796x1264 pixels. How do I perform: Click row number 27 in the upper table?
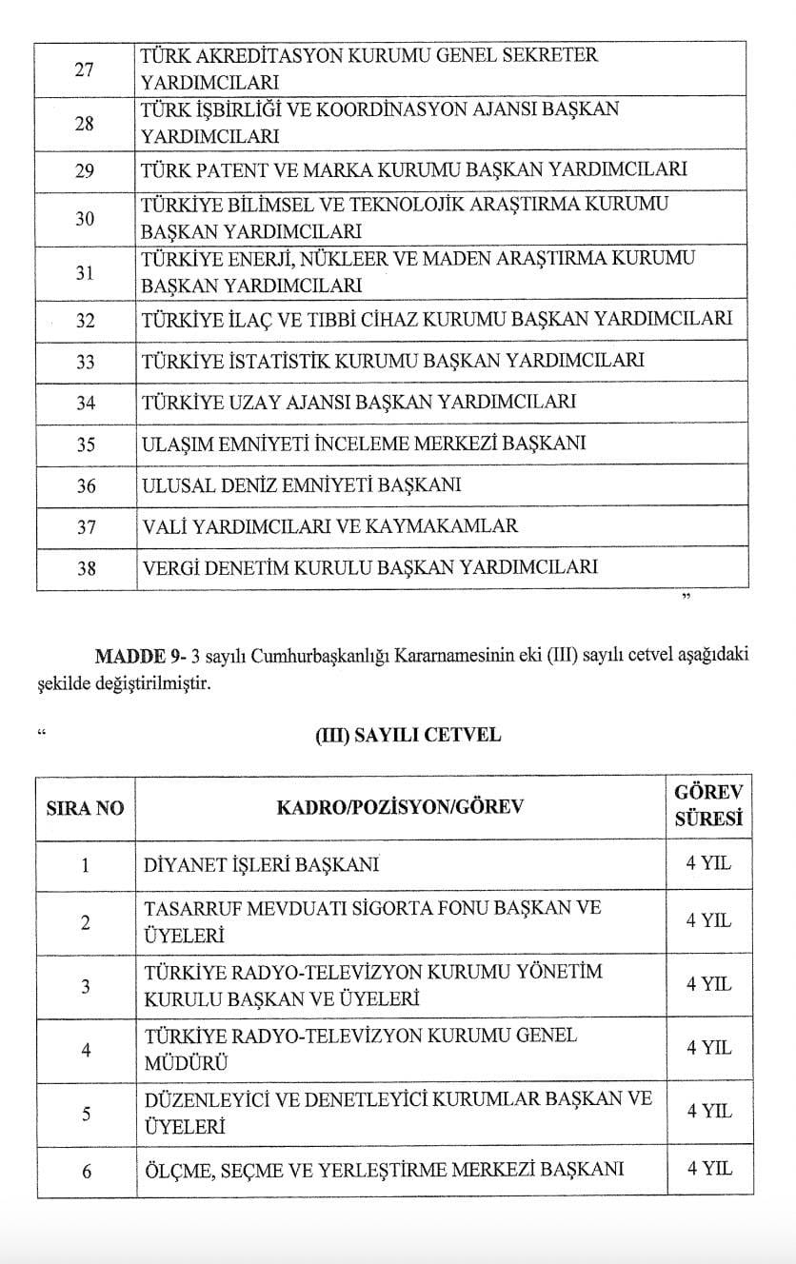tap(86, 68)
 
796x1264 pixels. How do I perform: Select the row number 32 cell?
tap(86, 320)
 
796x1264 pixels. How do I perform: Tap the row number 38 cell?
tap(86, 568)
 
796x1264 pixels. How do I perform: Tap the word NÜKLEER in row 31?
tap(338, 258)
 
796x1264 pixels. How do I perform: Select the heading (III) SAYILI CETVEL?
tap(408, 735)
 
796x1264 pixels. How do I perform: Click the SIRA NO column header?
tap(86, 808)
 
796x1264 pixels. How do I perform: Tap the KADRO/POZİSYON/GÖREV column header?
tap(400, 808)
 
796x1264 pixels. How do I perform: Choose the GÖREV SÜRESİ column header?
tap(707, 805)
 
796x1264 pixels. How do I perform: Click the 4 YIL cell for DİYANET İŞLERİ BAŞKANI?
tap(709, 865)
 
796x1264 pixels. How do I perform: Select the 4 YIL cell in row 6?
tap(709, 1169)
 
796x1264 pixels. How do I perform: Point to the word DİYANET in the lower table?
tap(185, 865)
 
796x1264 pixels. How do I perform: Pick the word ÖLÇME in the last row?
tap(179, 1169)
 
